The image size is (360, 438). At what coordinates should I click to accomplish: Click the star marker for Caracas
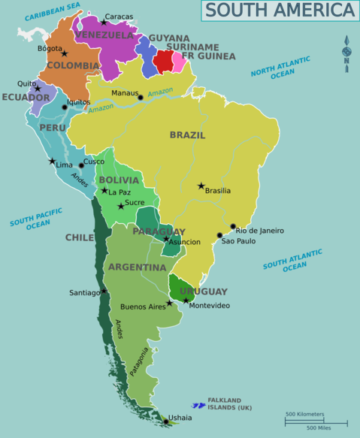click(104, 23)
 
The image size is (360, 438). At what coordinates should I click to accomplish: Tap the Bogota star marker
click(65, 53)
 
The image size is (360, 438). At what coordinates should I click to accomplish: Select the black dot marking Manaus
click(141, 98)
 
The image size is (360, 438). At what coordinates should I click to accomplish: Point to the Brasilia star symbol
click(201, 186)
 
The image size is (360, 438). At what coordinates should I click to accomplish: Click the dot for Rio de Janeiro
click(233, 226)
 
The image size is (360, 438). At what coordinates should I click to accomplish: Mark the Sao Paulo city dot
click(219, 235)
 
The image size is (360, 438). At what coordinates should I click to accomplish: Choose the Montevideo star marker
click(186, 301)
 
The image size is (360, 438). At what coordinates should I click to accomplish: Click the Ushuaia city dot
click(166, 421)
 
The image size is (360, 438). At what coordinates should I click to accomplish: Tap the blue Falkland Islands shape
click(198, 406)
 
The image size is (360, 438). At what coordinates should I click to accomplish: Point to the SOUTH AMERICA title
click(280, 11)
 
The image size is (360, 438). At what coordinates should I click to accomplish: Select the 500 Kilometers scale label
click(304, 414)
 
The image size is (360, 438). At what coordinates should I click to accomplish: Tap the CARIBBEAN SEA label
click(52, 11)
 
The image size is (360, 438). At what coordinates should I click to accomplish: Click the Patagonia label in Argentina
click(139, 361)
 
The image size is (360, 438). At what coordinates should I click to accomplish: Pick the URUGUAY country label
click(203, 291)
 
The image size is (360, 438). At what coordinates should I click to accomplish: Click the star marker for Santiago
click(104, 291)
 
